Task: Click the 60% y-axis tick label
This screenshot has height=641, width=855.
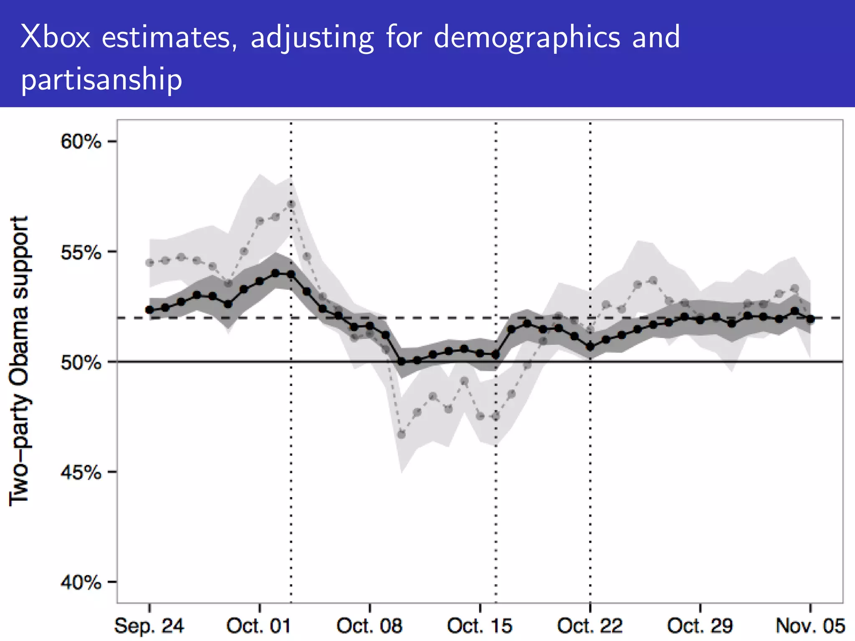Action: pyautogui.click(x=81, y=142)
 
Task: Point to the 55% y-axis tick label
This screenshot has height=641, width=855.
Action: pyautogui.click(x=81, y=252)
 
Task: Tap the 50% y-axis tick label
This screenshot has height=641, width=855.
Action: pyautogui.click(x=81, y=362)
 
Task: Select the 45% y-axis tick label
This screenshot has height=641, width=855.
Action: pyautogui.click(x=81, y=472)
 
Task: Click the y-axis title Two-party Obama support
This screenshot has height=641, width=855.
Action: pyautogui.click(x=19, y=361)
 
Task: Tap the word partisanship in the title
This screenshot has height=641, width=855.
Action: pyautogui.click(x=101, y=79)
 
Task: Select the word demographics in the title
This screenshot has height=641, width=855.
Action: pyautogui.click(x=527, y=38)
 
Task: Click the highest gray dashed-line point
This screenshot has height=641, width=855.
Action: pyautogui.click(x=291, y=204)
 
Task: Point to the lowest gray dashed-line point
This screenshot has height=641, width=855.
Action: pyautogui.click(x=402, y=434)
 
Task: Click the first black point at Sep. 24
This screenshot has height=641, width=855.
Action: pyautogui.click(x=149, y=310)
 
